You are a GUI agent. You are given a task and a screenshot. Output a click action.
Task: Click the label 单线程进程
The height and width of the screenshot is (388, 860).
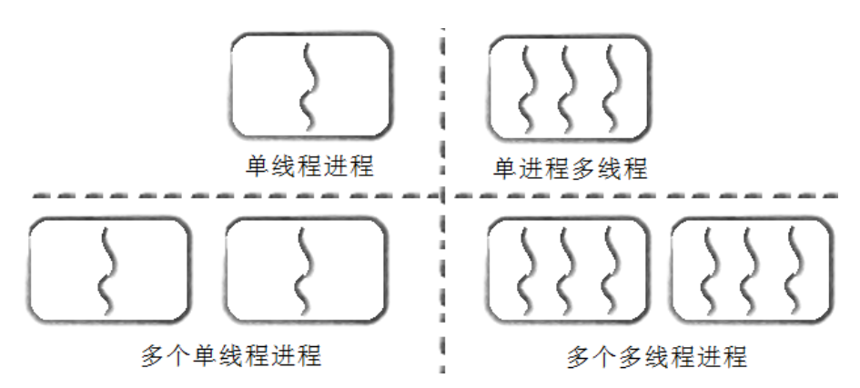309,165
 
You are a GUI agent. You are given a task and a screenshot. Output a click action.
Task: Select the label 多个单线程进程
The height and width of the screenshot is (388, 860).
231,354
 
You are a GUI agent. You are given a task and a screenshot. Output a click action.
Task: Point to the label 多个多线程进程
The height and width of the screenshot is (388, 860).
657,354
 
